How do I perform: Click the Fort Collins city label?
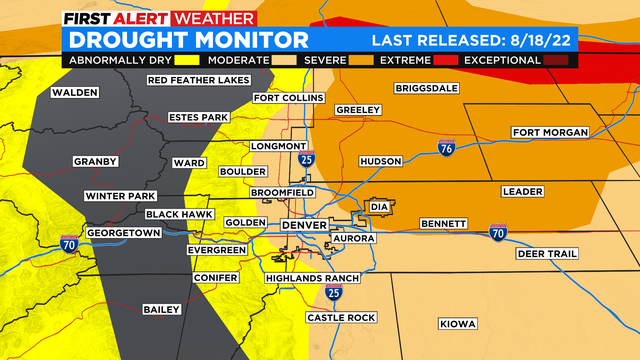pyautogui.click(x=288, y=98)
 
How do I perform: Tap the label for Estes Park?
pyautogui.click(x=199, y=117)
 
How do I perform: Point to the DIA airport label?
pyautogui.click(x=406, y=207)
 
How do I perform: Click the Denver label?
pyautogui.click(x=304, y=225)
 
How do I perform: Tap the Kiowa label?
pyautogui.click(x=458, y=323)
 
